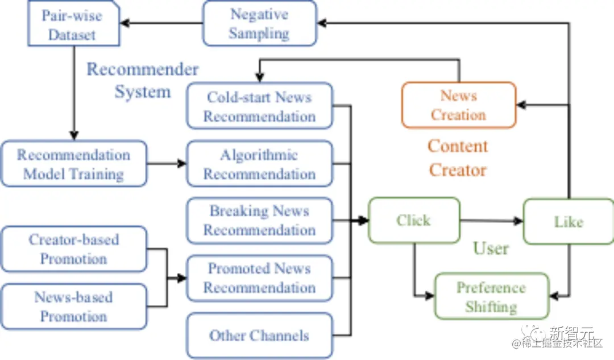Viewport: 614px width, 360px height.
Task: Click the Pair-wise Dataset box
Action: [73, 23]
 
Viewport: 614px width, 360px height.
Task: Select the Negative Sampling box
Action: [260, 23]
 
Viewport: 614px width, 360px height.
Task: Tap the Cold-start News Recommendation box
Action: [260, 106]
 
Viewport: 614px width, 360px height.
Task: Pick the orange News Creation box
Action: [459, 105]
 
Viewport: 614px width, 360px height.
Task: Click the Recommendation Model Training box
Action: [74, 164]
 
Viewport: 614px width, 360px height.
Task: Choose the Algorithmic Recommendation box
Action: [260, 164]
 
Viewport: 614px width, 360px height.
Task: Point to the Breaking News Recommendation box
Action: [260, 221]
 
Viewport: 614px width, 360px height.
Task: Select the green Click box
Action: [414, 220]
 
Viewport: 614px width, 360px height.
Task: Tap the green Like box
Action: [569, 222]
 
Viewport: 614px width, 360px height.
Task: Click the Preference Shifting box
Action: [491, 296]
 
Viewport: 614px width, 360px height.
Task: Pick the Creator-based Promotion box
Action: [74, 249]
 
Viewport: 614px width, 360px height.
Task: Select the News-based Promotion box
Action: [74, 307]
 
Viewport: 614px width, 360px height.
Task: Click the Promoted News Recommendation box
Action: [260, 278]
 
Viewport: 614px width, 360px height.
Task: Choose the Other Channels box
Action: [260, 336]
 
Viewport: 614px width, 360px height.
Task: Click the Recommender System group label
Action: [143, 80]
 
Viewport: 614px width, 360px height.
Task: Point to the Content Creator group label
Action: [458, 158]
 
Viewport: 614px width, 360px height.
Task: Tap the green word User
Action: [491, 248]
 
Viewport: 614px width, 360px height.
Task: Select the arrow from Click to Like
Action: [491, 221]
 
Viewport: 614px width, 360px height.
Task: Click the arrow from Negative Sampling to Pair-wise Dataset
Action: [161, 23]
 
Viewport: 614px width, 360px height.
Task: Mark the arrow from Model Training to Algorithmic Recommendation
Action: [167, 163]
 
